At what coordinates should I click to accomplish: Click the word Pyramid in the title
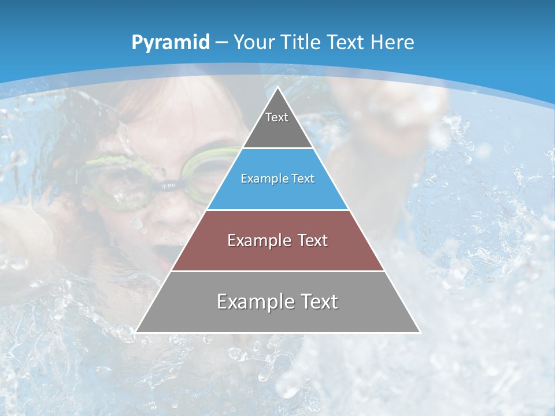170,42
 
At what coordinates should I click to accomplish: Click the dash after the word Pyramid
222,43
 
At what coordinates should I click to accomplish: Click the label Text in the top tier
277,117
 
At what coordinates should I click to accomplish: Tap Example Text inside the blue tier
277,179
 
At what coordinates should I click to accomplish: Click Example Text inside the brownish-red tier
277,240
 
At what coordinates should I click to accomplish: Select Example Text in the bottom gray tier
277,302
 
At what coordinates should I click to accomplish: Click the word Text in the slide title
346,42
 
